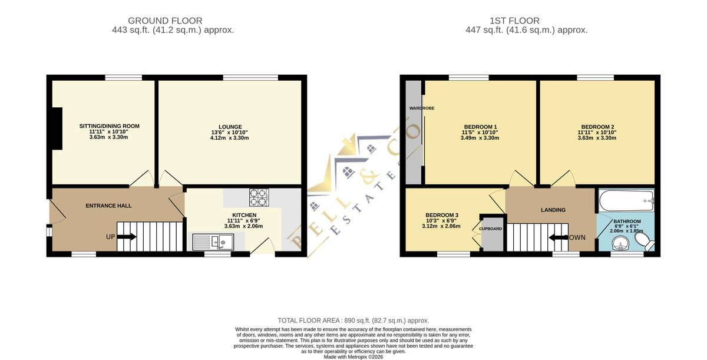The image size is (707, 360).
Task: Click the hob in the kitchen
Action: [x=259, y=197]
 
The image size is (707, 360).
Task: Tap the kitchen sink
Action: [x=213, y=242]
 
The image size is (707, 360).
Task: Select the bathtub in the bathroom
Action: [x=626, y=201]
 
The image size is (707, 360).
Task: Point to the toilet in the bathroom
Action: [x=645, y=242]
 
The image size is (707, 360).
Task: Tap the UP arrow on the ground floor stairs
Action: [x=127, y=237]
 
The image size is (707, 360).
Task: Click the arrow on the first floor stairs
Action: [x=559, y=237]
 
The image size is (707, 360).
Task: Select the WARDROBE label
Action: [x=422, y=108]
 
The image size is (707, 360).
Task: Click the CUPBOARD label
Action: [x=490, y=229]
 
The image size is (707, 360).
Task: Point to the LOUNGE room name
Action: [x=230, y=127]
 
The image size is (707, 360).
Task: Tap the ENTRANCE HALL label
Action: [x=108, y=206]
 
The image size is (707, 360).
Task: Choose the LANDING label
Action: [x=553, y=210]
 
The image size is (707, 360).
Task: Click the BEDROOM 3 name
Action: [x=441, y=215]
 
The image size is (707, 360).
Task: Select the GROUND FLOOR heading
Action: [x=165, y=21]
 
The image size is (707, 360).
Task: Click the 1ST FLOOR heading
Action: [x=514, y=21]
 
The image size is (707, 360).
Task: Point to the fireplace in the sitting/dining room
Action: [x=57, y=128]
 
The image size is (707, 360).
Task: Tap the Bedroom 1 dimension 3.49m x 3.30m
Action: [x=480, y=138]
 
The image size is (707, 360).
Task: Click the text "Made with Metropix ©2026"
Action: [x=353, y=357]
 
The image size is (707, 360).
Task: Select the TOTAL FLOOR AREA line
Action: [x=353, y=321]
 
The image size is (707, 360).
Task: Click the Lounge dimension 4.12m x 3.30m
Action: [x=229, y=138]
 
